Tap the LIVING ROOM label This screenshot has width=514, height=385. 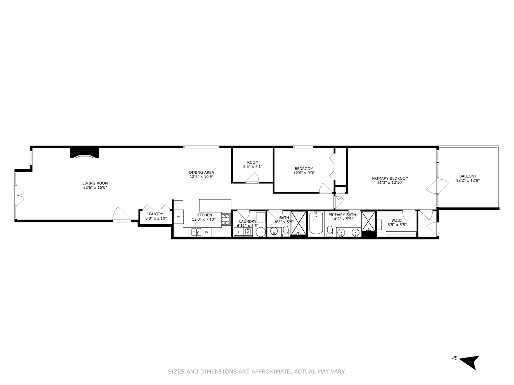click(95, 183)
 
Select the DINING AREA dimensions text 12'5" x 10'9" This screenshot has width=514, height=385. click(201, 177)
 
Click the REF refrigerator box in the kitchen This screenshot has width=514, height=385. click(178, 216)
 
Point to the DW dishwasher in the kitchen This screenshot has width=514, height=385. click(206, 232)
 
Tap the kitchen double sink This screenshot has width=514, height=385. click(196, 232)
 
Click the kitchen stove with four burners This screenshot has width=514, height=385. click(226, 219)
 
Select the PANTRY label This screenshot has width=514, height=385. click(156, 214)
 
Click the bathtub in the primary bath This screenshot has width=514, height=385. click(316, 223)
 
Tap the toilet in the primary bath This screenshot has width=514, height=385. click(330, 231)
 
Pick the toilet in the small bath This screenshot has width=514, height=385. click(286, 231)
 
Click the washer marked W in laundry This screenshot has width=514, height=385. click(248, 232)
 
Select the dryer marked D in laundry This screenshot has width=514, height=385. click(238, 232)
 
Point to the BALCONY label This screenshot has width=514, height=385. click(468, 176)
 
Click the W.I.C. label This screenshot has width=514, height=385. click(397, 220)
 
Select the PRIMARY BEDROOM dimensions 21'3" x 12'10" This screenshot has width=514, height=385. click(390, 183)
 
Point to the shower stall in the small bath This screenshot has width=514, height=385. click(298, 223)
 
